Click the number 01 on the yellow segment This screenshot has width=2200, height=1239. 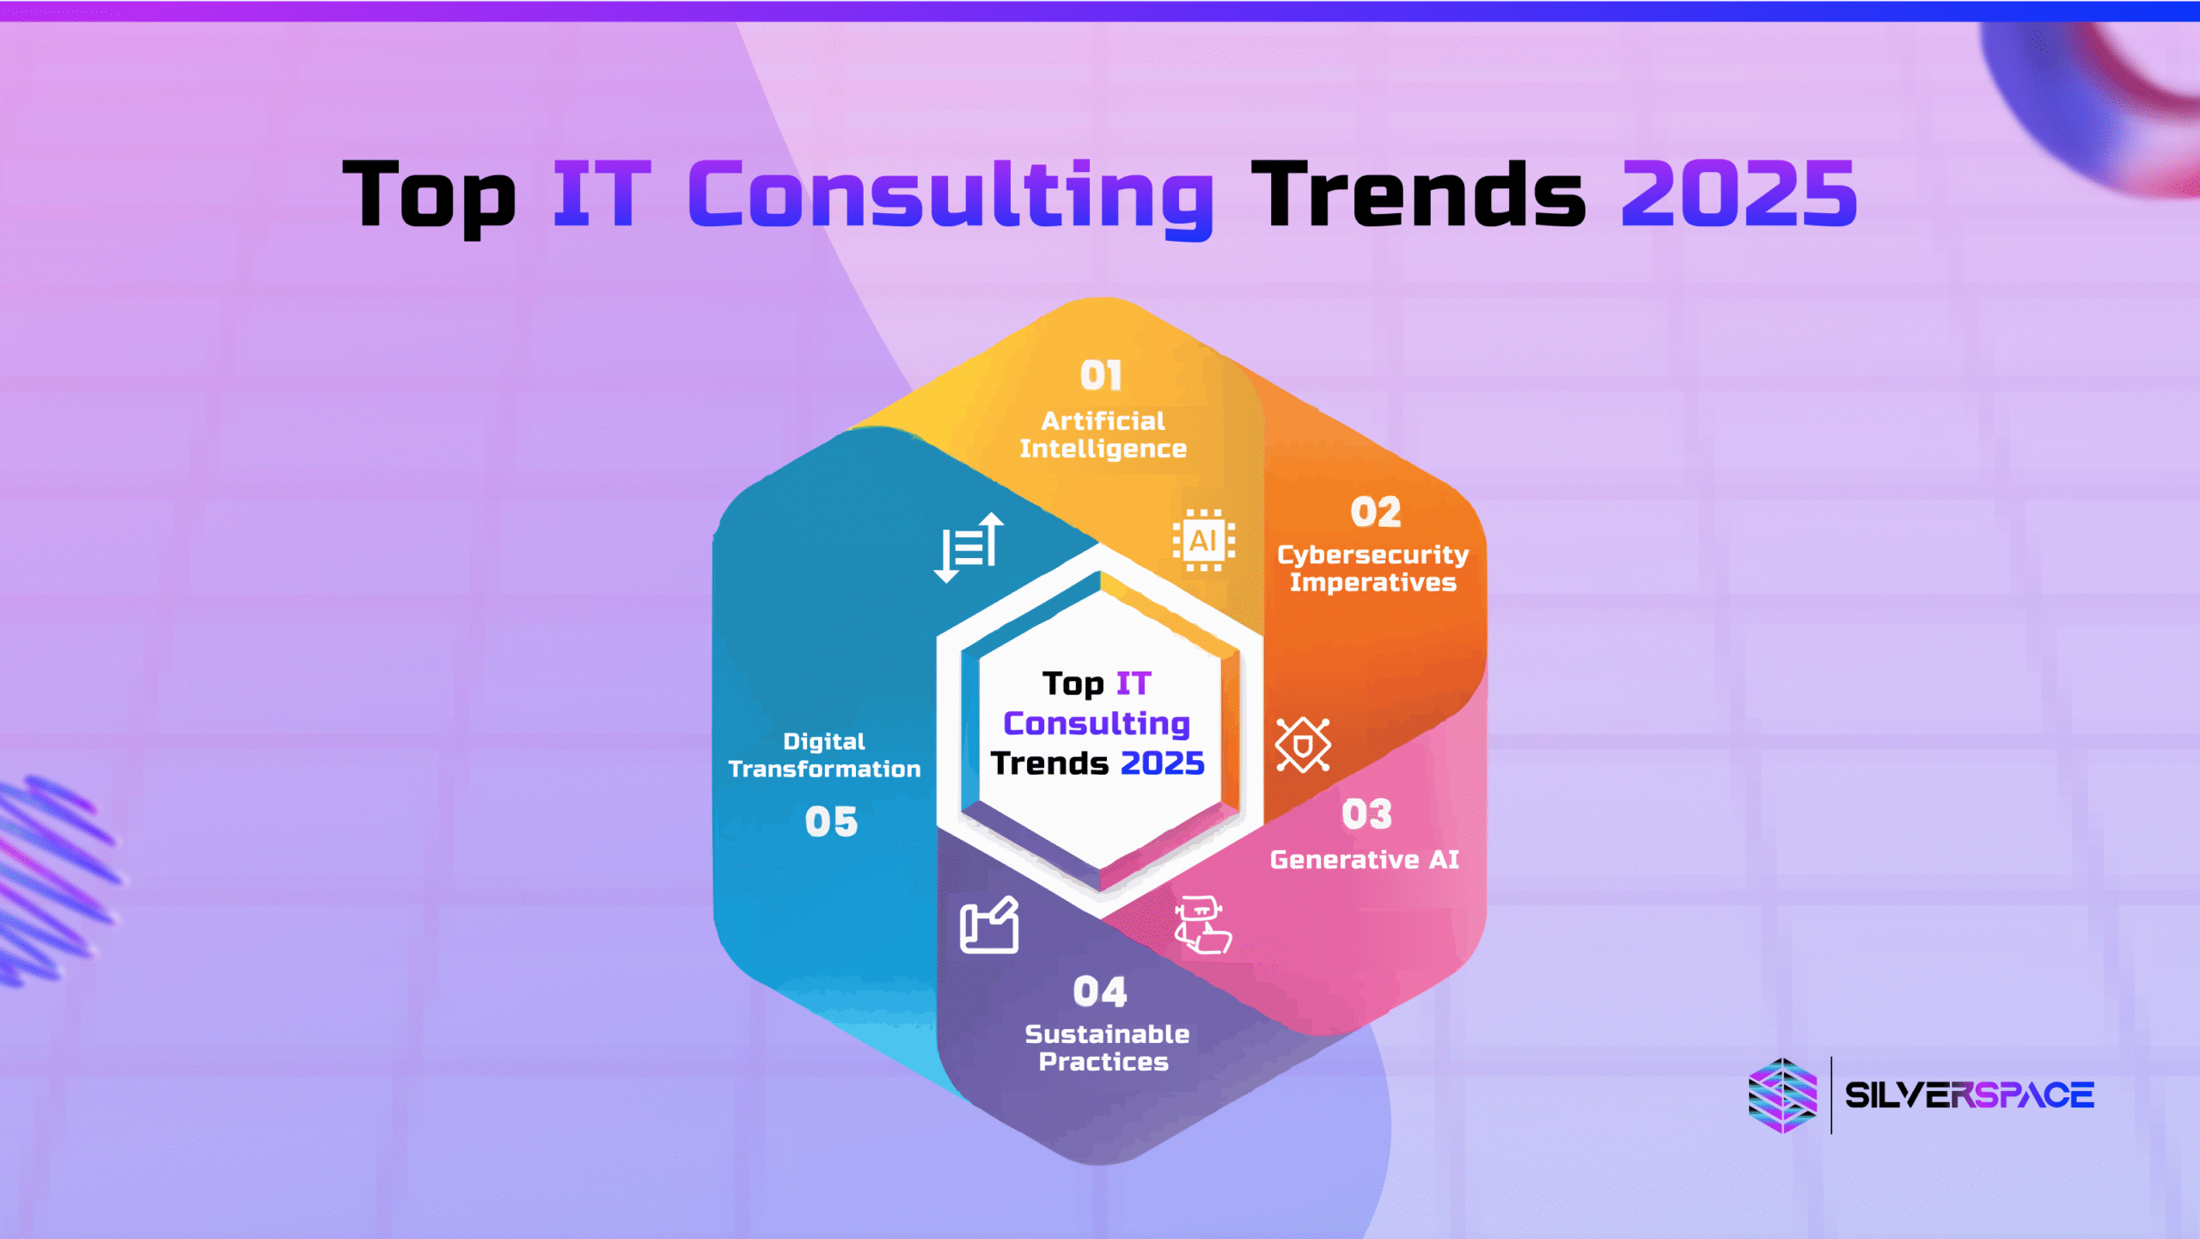1101,376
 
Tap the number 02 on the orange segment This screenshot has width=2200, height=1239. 1376,512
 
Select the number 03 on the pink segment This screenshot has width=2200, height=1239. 1367,814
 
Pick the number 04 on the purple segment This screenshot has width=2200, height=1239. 1100,992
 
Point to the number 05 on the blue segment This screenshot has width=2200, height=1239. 831,822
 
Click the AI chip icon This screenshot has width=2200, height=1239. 1204,541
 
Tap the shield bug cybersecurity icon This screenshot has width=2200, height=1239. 1303,745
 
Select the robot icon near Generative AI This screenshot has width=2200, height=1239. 1202,925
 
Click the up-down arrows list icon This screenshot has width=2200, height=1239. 969,547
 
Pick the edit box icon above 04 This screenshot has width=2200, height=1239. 989,925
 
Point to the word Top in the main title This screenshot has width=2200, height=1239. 430,198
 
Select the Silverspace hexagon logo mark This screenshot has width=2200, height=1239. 1783,1095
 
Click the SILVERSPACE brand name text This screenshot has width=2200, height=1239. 1970,1095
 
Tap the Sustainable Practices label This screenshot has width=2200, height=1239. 1106,1048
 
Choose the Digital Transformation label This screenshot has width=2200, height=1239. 824,756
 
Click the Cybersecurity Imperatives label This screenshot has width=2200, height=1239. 1373,569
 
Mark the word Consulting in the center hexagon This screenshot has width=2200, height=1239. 1097,725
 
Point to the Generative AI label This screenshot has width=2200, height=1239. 1365,860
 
